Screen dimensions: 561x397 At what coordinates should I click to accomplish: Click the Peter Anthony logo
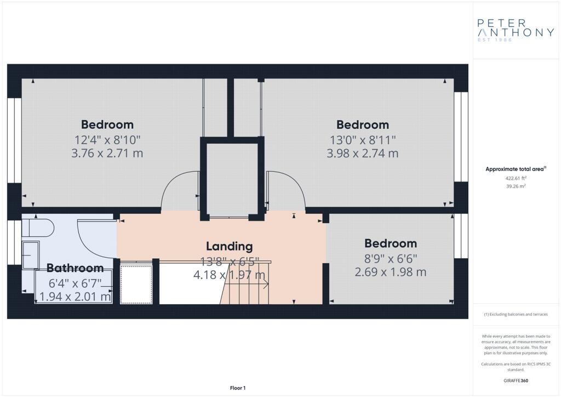tap(516, 30)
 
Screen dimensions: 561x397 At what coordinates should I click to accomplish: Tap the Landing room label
tap(230, 246)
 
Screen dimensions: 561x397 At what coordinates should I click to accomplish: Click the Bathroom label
tap(75, 268)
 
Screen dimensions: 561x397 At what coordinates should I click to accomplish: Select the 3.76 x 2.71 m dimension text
tap(107, 153)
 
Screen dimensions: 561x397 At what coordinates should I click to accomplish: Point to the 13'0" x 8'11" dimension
tap(363, 140)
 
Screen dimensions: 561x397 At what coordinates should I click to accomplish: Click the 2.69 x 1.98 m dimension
tap(390, 272)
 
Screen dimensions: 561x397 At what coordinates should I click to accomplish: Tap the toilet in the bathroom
tap(38, 229)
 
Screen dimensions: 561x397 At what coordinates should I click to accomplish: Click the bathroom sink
tap(31, 255)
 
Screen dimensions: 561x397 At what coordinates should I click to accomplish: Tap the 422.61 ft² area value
tap(516, 178)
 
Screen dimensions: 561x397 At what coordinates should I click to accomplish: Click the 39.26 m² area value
tap(516, 186)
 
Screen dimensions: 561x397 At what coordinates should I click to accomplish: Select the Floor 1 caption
tap(238, 388)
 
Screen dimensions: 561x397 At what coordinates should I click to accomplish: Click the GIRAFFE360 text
tap(516, 381)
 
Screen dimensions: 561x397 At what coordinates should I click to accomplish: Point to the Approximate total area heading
tap(516, 169)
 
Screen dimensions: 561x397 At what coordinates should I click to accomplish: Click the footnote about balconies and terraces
tap(516, 314)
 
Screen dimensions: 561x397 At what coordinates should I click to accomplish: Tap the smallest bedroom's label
tap(390, 243)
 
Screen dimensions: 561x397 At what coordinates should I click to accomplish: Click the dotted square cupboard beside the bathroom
tap(136, 284)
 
